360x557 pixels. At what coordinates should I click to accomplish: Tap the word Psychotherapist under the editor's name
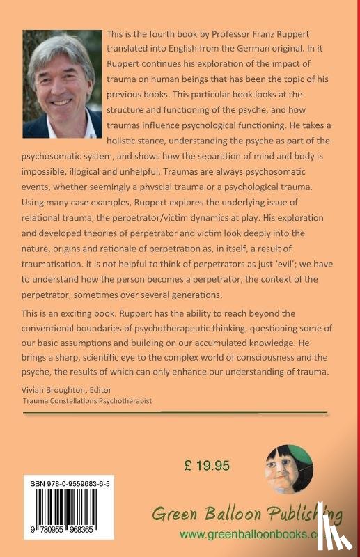[x=132, y=402]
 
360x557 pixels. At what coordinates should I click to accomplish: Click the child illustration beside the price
[x=289, y=469]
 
